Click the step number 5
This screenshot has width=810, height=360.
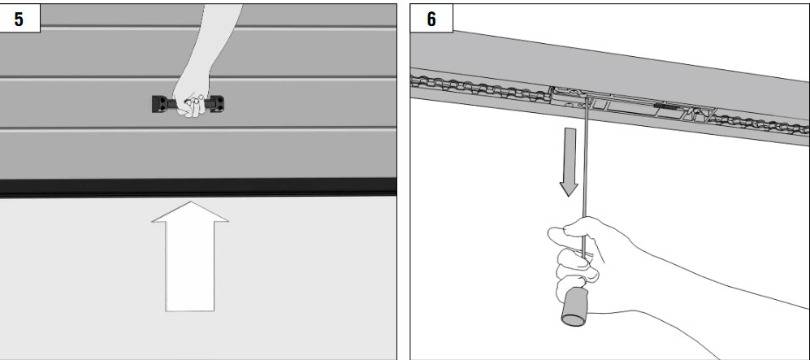[x=19, y=20]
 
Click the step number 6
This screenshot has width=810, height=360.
[x=431, y=20]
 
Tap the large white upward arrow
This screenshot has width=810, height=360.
[x=190, y=256]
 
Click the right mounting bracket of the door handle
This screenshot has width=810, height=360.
[x=218, y=103]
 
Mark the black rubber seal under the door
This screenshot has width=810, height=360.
[x=198, y=186]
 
